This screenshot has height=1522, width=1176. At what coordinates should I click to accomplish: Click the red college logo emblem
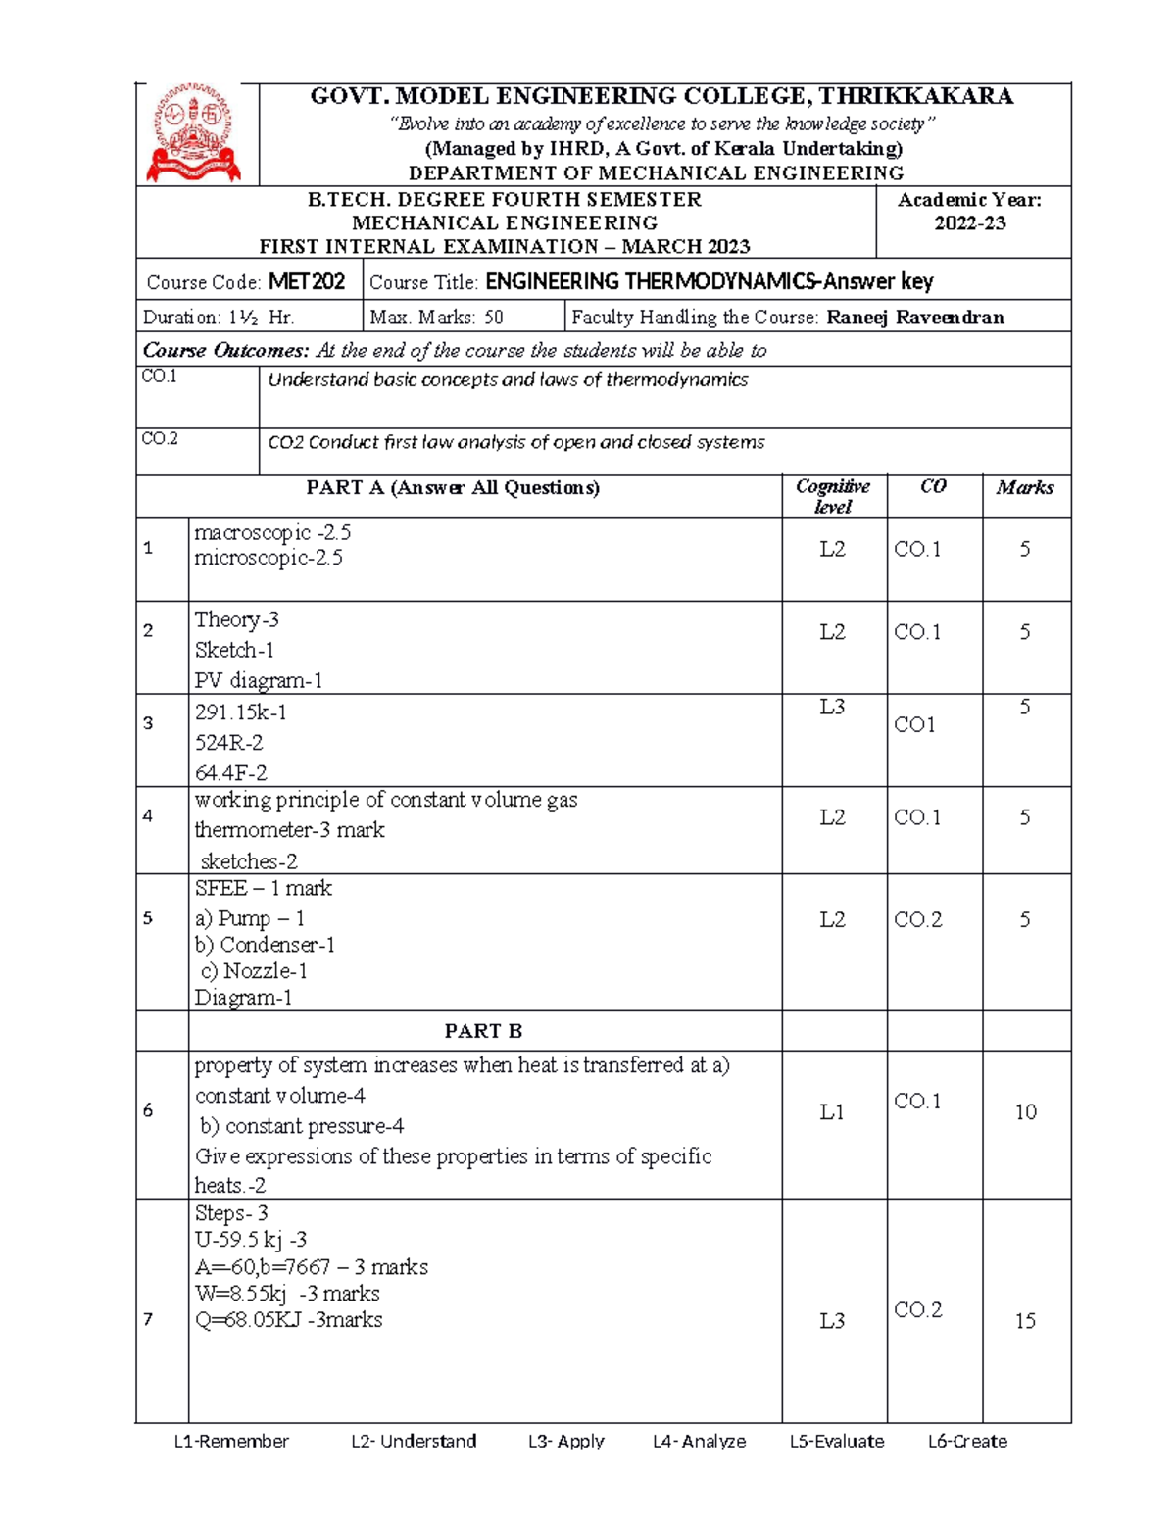(194, 134)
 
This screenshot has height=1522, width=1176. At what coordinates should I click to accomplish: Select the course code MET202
(307, 282)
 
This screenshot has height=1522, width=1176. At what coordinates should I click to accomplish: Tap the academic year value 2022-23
(969, 223)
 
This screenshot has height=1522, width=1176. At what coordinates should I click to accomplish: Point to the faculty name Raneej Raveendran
(915, 317)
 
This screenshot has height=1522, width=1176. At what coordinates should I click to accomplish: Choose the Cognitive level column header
(833, 496)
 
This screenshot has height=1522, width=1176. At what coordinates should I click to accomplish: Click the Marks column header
(1025, 487)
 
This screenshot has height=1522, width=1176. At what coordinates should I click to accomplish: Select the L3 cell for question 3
(832, 707)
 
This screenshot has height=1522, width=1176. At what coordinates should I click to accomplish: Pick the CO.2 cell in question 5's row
(918, 919)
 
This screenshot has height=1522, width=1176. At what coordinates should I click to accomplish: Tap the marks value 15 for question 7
(1025, 1320)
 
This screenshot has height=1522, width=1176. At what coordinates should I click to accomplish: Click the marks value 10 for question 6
(1025, 1111)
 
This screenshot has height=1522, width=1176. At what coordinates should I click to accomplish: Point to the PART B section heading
(483, 1031)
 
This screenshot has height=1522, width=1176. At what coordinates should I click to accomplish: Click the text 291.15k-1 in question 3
(241, 712)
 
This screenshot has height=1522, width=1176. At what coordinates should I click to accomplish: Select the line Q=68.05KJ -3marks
(289, 1320)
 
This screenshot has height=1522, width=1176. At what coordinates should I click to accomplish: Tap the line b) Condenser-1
(265, 945)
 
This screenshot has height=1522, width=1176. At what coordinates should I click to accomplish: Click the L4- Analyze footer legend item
(699, 1441)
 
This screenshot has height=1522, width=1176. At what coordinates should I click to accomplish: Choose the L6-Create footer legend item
(967, 1441)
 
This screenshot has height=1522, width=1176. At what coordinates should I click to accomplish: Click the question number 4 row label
(148, 815)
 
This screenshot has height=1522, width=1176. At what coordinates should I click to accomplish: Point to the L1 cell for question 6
(832, 1111)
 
